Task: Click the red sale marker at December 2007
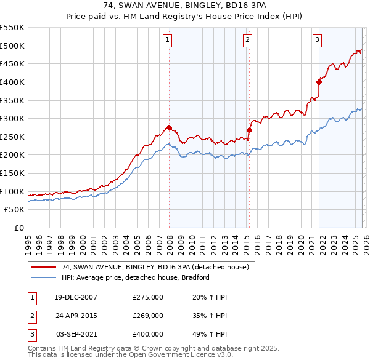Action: click(170, 127)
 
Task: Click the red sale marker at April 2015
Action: click(250, 130)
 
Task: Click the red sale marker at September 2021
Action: click(319, 82)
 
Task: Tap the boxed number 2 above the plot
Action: click(247, 41)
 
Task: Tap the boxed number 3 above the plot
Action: click(317, 41)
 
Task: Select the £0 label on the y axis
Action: click(18, 228)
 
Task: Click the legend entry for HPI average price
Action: click(136, 277)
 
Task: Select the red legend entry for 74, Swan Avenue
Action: click(154, 267)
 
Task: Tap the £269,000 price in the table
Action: click(148, 315)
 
